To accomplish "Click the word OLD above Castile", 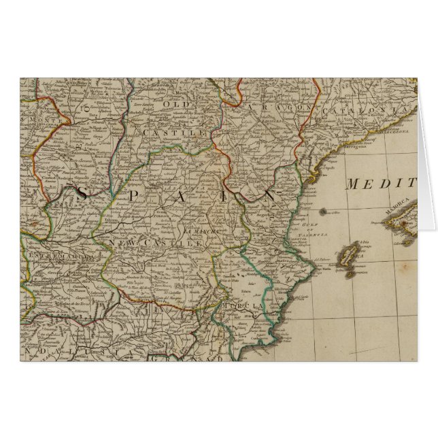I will click(x=171, y=104).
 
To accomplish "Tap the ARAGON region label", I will click(x=280, y=109).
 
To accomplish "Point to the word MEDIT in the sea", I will click(x=380, y=184).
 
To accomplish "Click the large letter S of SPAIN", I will click(x=81, y=195).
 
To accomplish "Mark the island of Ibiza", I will click(x=348, y=256).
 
